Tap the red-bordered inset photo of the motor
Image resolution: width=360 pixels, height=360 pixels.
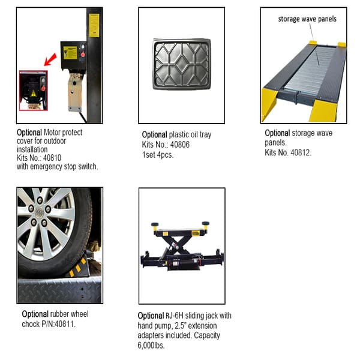click(x=33, y=89)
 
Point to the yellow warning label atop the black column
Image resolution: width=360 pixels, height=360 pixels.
click(x=94, y=25)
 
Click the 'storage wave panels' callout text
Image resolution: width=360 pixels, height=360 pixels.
click(x=307, y=19)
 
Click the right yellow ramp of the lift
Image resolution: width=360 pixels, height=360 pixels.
click(x=331, y=109)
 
